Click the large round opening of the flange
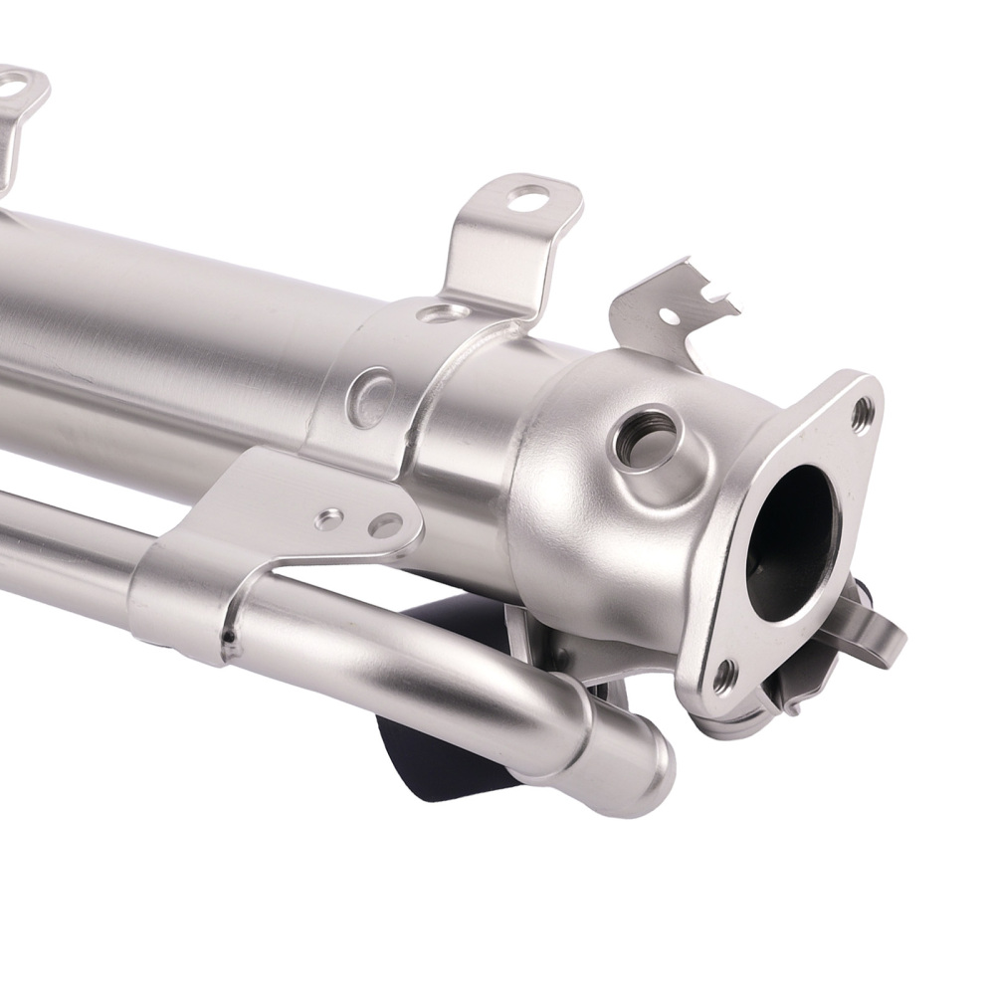pos(791,542)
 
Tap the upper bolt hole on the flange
pos(862,411)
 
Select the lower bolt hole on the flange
pos(724,678)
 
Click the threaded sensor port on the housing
pos(644,436)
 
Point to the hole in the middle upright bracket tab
pos(526,198)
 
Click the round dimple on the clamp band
pos(370,397)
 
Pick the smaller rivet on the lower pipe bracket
pos(328,518)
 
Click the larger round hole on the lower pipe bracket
pos(385,525)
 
